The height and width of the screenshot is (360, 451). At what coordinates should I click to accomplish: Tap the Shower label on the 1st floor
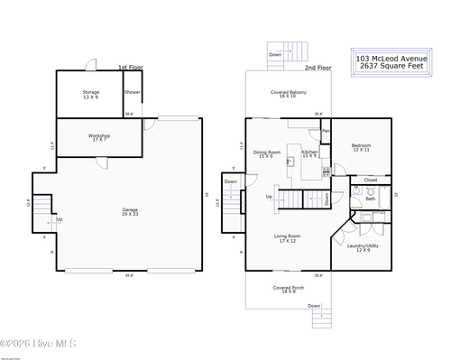132,92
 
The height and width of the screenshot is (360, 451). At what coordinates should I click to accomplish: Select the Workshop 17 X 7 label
99,138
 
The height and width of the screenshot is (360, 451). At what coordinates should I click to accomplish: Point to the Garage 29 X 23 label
131,212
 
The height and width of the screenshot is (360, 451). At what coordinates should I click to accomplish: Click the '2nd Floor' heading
317,68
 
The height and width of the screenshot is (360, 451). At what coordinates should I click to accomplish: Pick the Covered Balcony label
289,94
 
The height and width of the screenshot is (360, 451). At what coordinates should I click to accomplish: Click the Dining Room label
268,154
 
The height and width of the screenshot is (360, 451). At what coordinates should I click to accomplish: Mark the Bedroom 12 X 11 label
361,148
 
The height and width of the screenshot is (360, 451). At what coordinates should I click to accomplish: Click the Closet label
371,180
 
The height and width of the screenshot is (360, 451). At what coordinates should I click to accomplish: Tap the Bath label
370,198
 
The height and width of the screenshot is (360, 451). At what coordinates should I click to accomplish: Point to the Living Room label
288,238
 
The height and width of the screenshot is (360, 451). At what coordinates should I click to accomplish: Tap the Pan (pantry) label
326,131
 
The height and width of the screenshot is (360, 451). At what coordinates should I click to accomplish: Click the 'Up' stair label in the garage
60,219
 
